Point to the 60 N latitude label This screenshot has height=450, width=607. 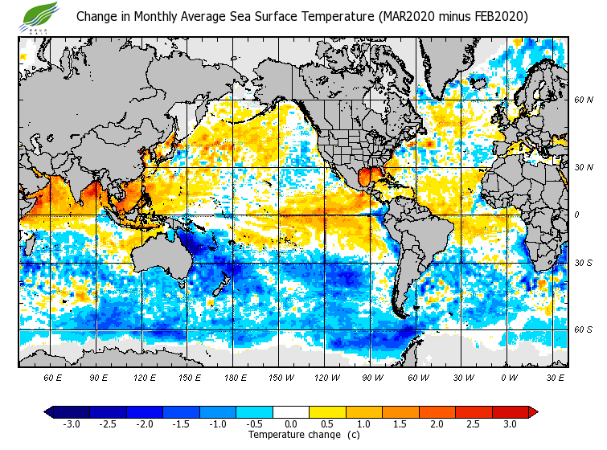click(x=583, y=100)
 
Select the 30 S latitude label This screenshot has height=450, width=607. click(x=583, y=264)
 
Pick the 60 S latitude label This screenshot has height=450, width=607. click(x=583, y=329)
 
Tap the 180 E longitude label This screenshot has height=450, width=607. click(x=235, y=377)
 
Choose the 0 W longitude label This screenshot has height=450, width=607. click(x=508, y=377)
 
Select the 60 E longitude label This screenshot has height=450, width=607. click(x=53, y=377)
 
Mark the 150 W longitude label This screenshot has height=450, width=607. click(x=281, y=377)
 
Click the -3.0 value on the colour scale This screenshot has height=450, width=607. click(x=71, y=424)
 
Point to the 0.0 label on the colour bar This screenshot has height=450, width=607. click(x=291, y=424)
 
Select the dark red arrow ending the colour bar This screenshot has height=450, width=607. click(x=532, y=412)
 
